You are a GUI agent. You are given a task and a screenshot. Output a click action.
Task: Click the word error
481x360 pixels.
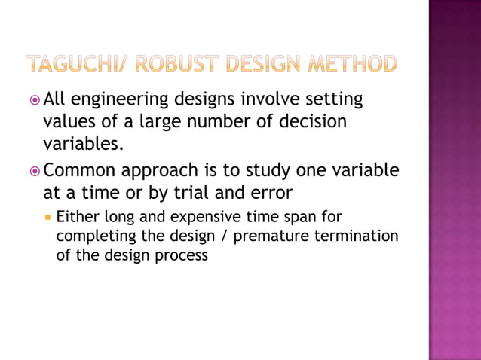click(x=268, y=192)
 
